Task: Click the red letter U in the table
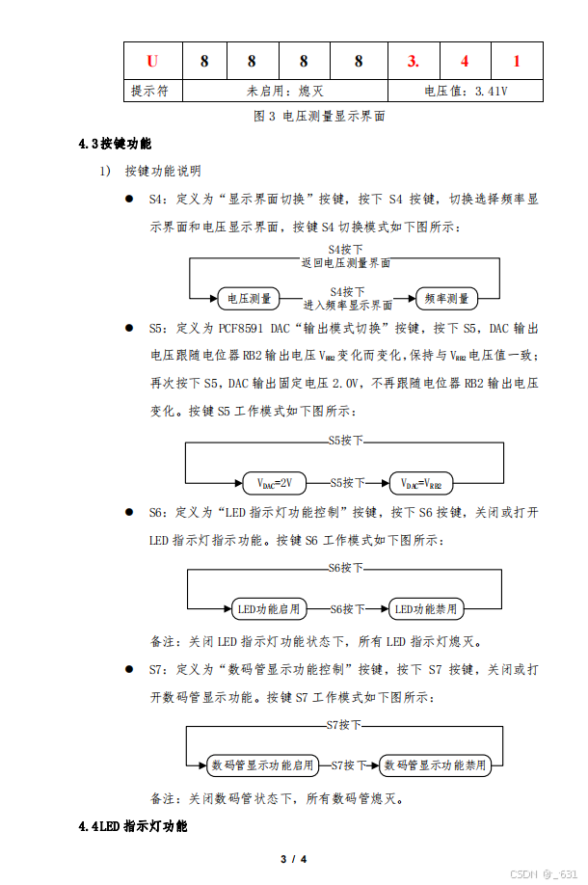(152, 62)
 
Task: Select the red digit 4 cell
(465, 62)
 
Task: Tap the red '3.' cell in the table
(413, 62)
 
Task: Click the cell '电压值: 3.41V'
(466, 91)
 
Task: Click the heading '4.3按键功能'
(116, 144)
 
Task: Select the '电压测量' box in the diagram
(249, 299)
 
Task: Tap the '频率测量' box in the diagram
(446, 299)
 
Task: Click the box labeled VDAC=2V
(274, 483)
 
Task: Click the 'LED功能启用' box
(269, 609)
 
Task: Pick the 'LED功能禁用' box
(425, 609)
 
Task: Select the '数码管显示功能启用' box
(262, 765)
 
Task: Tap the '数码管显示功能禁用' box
(435, 765)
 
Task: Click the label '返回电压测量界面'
(346, 262)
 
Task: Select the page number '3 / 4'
(293, 858)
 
